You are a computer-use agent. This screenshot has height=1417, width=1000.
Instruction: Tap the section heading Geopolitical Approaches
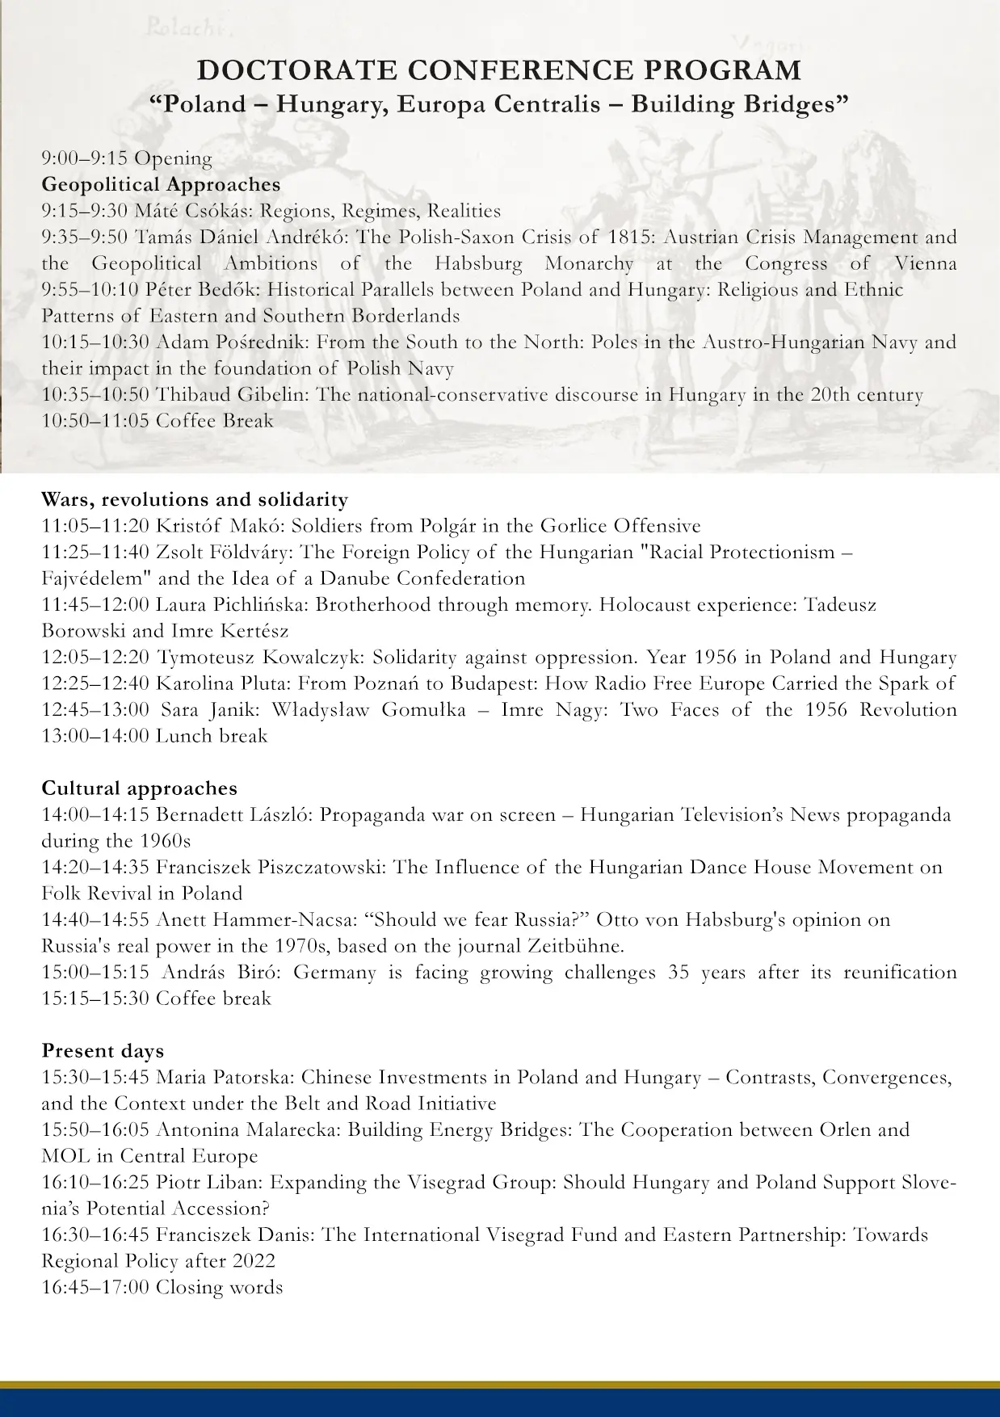(161, 184)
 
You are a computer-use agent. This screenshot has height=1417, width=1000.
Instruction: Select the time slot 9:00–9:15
(85, 158)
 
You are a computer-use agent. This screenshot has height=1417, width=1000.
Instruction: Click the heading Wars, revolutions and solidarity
(195, 499)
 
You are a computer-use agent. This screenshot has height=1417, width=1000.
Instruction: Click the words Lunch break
(211, 736)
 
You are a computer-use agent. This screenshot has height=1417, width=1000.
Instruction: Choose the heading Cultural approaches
(139, 788)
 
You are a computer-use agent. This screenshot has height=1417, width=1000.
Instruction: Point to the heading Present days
(103, 1051)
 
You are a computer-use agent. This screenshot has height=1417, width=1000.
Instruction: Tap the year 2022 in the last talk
(252, 1260)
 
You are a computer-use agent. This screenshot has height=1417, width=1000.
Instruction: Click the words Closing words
(219, 1287)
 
